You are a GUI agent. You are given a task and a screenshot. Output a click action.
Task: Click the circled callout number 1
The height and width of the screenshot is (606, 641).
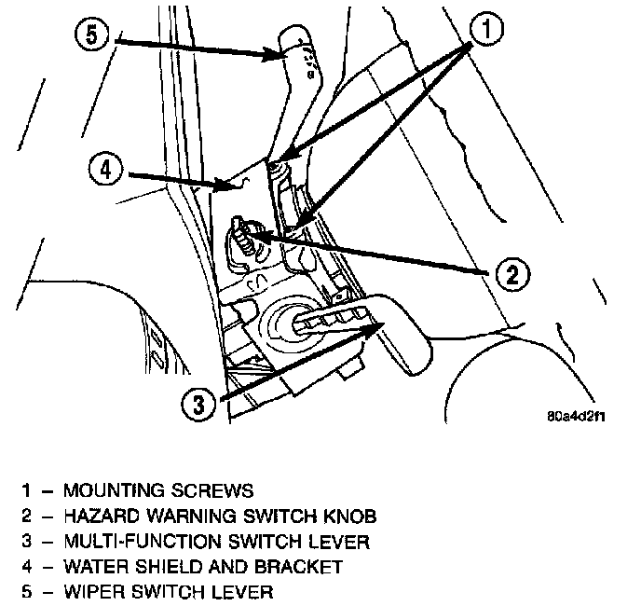tap(486, 29)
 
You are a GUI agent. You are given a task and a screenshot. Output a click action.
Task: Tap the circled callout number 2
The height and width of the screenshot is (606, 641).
tap(512, 274)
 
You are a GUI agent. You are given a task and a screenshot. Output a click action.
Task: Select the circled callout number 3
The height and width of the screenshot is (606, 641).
tap(198, 405)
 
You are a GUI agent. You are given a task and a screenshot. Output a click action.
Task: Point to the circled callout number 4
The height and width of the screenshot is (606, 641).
tap(106, 169)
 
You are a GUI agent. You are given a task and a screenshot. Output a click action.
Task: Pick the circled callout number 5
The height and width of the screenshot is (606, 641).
tap(91, 34)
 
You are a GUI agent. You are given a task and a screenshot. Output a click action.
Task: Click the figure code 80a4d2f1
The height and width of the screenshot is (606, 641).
tap(576, 416)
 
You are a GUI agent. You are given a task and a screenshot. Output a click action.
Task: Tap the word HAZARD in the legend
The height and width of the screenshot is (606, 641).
tap(102, 516)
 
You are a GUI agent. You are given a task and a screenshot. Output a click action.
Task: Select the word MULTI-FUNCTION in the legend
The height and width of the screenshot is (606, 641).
tap(143, 542)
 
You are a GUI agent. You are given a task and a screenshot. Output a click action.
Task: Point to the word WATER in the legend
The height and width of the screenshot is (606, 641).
tap(97, 567)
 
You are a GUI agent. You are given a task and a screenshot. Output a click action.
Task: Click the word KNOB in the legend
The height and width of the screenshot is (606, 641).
tap(350, 516)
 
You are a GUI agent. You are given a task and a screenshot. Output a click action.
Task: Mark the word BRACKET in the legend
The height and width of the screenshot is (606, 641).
tap(298, 567)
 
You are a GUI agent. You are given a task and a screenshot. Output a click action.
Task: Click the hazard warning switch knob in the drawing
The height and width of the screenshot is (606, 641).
tap(242, 238)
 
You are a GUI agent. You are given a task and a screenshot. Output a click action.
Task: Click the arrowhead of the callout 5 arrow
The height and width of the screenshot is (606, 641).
tap(278, 55)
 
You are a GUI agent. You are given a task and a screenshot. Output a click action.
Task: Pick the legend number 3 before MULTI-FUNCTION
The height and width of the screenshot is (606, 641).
tap(27, 542)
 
